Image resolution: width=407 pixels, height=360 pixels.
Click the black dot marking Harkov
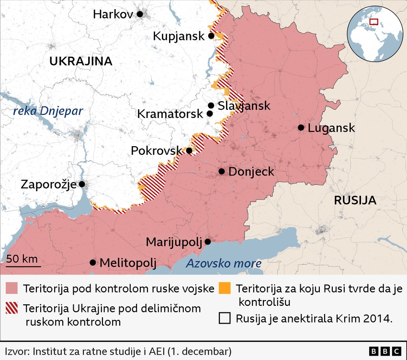[140, 14]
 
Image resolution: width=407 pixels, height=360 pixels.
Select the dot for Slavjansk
[211, 105]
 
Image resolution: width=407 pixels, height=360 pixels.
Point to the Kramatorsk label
[170, 114]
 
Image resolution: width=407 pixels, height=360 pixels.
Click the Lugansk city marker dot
[301, 128]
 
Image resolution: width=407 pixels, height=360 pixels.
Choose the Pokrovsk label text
[156, 151]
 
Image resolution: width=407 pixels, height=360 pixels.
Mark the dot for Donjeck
[222, 171]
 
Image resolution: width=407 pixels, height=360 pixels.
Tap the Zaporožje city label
[48, 184]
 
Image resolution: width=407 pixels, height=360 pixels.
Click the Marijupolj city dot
[208, 242]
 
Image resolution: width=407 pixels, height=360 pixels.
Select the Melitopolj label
[128, 263]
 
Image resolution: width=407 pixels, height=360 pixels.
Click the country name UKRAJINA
[80, 61]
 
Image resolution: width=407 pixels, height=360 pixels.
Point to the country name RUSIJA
[355, 200]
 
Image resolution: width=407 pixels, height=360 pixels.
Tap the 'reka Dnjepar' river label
[48, 111]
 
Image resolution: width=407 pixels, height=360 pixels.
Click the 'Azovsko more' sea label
[224, 263]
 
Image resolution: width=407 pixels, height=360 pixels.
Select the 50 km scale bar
[23, 265]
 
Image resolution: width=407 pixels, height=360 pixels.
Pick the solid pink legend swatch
[11, 289]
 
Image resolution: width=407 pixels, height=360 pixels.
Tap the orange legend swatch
[224, 289]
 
